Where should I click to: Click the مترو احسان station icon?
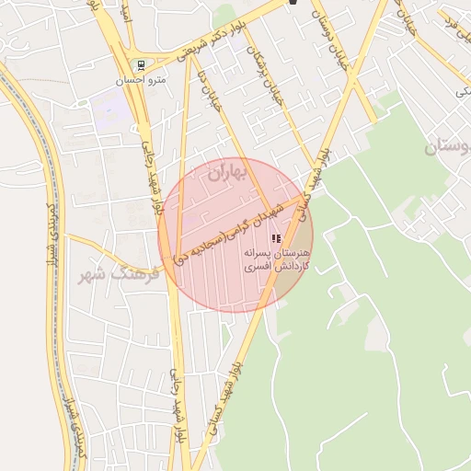[x=141, y=65]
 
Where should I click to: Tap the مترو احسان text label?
[x=141, y=80]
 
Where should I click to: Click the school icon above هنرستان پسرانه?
[x=276, y=238]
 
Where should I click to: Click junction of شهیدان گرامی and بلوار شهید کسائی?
[x=304, y=196]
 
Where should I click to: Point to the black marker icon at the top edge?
[x=293, y=3]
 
